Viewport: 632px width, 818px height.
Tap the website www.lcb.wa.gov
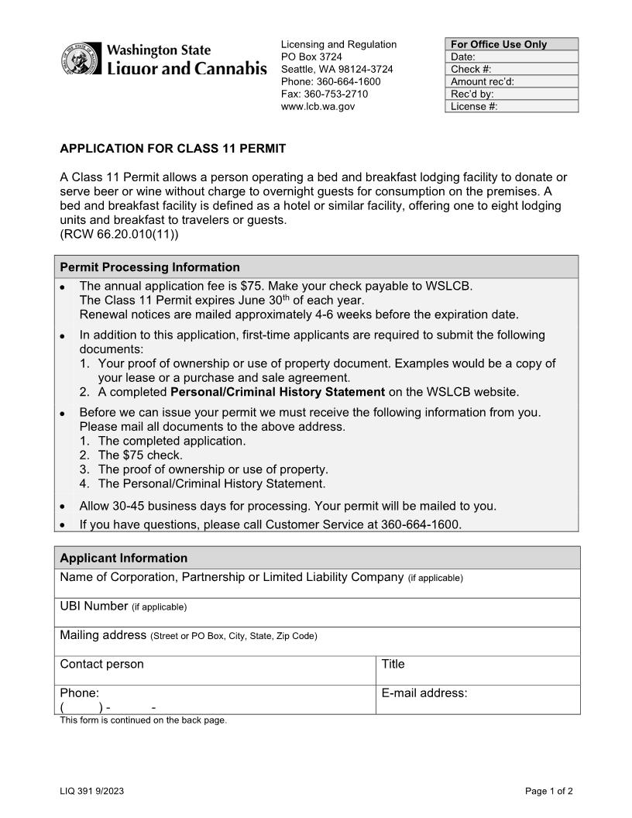click(x=318, y=106)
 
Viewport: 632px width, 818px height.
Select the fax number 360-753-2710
click(x=325, y=94)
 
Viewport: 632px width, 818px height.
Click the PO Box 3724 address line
click(x=311, y=57)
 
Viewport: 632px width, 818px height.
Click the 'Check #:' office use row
click(x=512, y=69)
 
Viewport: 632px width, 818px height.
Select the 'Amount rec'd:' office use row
click(x=512, y=81)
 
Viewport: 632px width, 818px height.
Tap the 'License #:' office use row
click(x=512, y=106)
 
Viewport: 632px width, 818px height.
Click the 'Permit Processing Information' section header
click(x=149, y=267)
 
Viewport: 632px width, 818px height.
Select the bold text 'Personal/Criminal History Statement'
click(x=277, y=392)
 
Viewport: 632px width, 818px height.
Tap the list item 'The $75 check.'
click(x=140, y=455)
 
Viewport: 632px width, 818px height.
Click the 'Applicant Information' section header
click(x=124, y=558)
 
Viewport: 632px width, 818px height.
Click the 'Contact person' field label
click(x=101, y=664)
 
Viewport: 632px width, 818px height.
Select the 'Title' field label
click(x=393, y=664)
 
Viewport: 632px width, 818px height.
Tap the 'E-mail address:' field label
click(x=424, y=693)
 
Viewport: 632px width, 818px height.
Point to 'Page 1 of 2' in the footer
click(x=549, y=791)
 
